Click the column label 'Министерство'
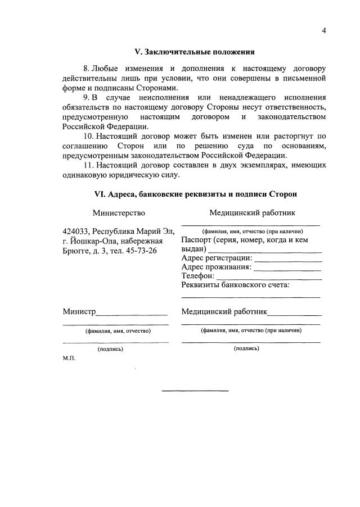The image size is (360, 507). tap(119, 213)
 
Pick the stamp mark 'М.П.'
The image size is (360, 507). tap(69, 357)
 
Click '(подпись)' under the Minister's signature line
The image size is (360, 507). tap(110, 349)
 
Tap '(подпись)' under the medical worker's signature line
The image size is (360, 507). tap(246, 348)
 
